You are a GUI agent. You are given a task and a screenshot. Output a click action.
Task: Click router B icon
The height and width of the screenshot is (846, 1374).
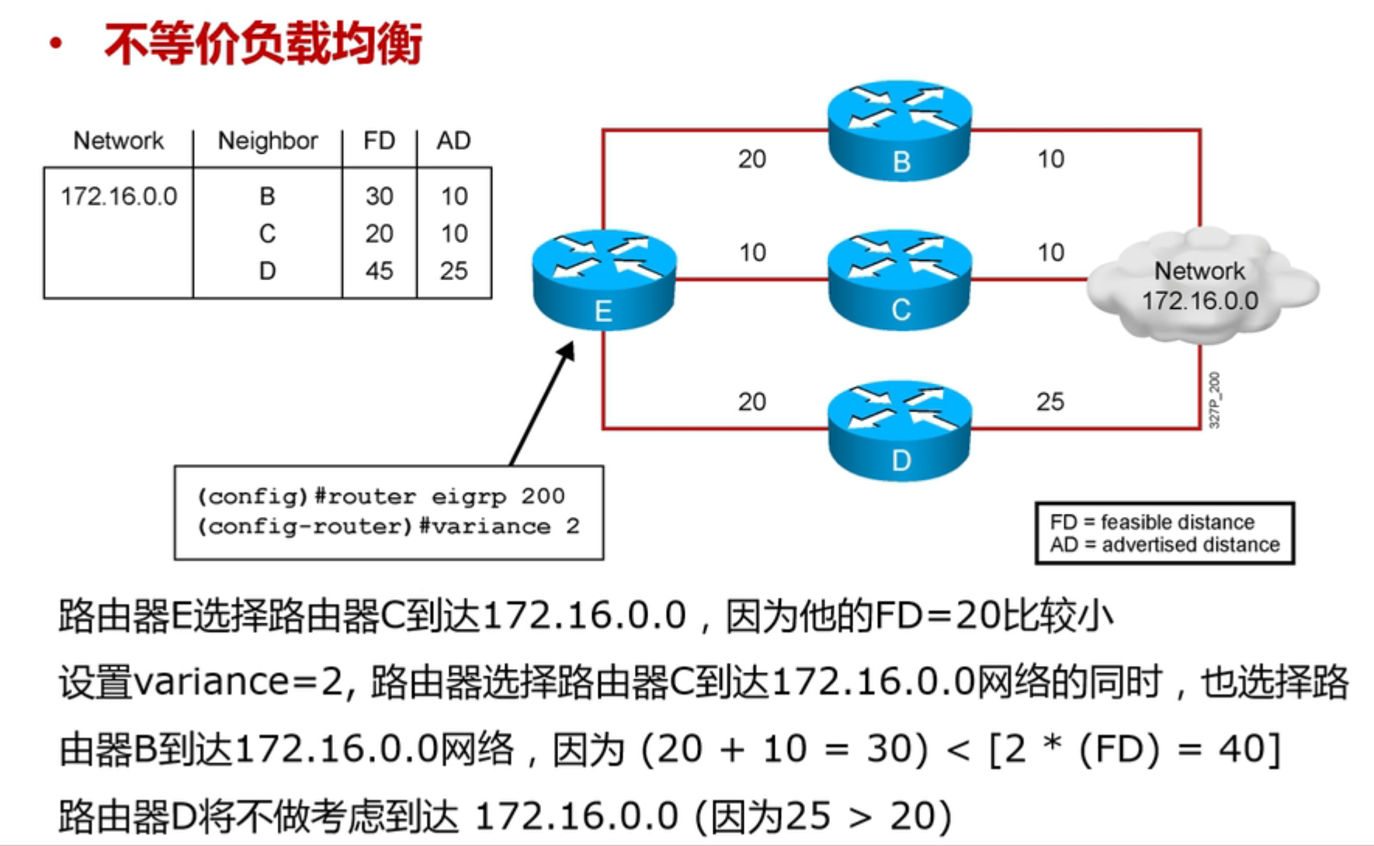[899, 130]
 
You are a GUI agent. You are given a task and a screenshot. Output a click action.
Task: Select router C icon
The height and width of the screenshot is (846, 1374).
[899, 279]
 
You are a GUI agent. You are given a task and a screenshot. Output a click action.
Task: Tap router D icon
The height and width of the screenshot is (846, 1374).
[899, 430]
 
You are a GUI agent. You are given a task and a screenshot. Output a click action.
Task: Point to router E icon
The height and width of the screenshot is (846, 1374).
[604, 279]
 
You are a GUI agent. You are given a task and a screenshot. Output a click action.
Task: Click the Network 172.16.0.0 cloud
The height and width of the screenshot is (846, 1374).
[1202, 286]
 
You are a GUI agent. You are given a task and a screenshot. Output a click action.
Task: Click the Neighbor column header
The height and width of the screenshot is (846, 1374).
[268, 140]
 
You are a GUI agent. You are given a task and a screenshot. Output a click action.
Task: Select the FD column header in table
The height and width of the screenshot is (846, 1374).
[379, 140]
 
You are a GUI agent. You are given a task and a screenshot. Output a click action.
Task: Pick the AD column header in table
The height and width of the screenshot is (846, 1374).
[453, 140]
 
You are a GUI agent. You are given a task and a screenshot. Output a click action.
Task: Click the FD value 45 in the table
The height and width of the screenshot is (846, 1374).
[379, 271]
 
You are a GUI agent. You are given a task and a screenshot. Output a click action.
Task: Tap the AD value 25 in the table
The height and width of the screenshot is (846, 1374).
[453, 271]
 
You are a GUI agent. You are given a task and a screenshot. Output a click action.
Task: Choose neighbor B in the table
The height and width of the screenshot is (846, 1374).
[267, 196]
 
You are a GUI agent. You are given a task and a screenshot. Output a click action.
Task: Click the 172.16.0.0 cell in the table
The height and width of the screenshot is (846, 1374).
[119, 196]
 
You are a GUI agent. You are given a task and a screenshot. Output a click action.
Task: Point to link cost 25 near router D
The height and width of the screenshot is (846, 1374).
[1050, 401]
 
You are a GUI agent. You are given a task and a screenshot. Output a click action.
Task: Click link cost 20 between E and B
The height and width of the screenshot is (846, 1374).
[751, 159]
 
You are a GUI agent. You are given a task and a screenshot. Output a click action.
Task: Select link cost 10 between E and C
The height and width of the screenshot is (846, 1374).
[752, 252]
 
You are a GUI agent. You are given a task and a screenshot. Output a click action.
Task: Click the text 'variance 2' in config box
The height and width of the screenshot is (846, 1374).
[505, 526]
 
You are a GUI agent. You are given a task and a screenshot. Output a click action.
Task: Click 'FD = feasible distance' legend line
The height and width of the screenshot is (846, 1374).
[1152, 522]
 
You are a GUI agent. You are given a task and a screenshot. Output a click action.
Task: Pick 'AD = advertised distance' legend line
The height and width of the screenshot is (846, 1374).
[1164, 544]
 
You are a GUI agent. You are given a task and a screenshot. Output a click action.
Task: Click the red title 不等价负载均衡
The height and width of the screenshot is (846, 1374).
[263, 43]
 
